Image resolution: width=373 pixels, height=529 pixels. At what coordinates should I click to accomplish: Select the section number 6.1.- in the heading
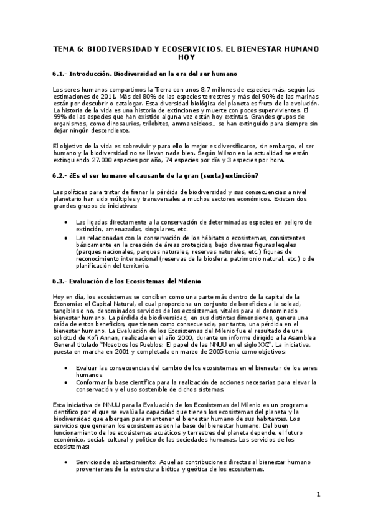coord(62,74)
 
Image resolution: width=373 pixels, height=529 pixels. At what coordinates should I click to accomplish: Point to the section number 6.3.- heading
coord(62,281)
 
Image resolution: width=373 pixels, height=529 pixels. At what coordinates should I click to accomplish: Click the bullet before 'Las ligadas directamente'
coord(67,222)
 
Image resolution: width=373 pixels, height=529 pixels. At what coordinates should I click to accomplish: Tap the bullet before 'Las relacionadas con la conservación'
coord(67,238)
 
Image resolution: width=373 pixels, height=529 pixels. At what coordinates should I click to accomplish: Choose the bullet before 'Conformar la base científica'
coord(67,382)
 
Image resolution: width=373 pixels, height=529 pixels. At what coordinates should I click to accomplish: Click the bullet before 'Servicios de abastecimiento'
coord(67,462)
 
